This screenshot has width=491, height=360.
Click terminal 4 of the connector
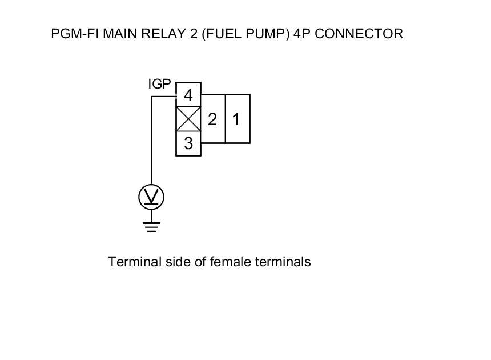(x=188, y=95)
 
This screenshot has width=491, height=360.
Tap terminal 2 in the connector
(x=213, y=119)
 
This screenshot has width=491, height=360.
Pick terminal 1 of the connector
(x=236, y=119)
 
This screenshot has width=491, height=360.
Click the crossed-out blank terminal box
(x=188, y=119)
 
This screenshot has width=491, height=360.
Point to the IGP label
(x=159, y=85)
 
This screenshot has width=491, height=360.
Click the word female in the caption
(x=228, y=262)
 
